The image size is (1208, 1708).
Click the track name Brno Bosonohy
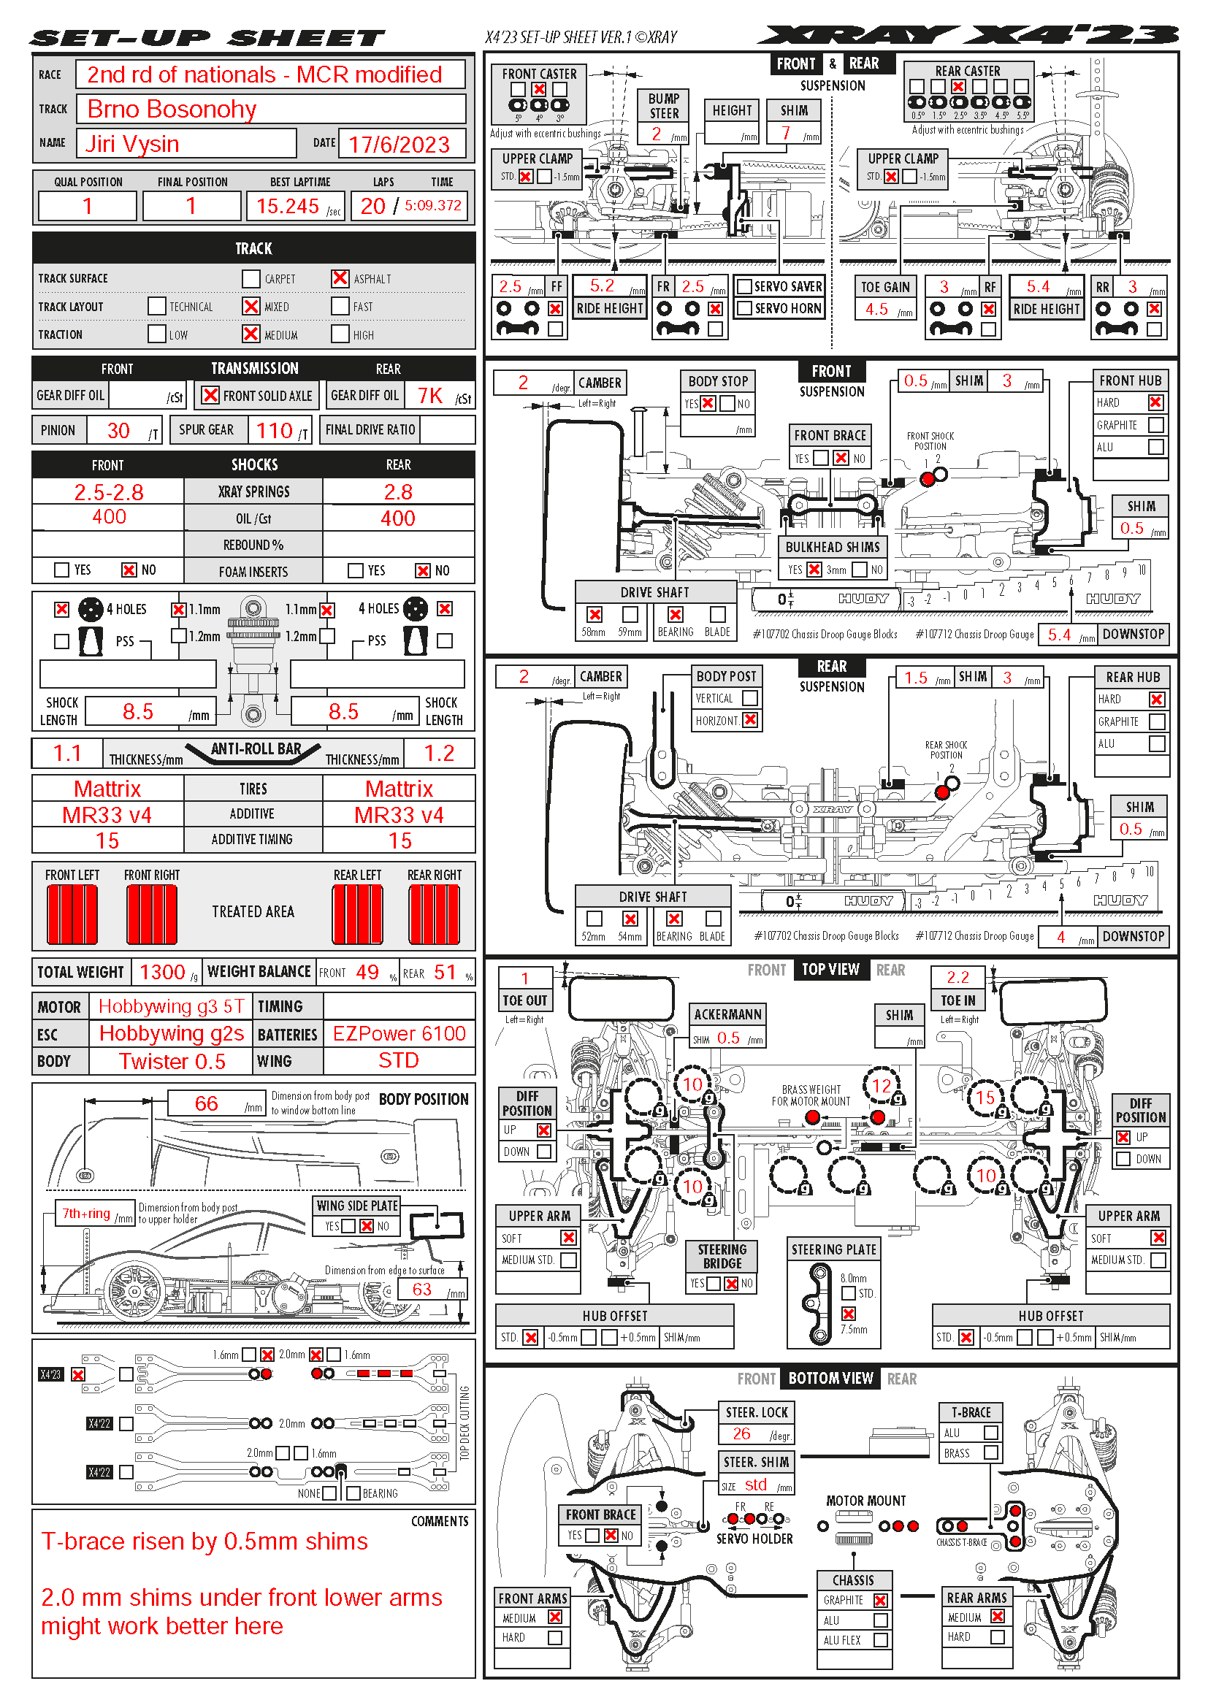[172, 110]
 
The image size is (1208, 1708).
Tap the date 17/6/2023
[399, 145]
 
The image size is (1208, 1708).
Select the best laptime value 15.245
[287, 206]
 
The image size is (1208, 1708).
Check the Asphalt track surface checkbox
[340, 278]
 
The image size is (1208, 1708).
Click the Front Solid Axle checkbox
[210, 395]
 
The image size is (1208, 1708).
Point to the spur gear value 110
[274, 430]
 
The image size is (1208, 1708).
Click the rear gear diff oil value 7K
[430, 396]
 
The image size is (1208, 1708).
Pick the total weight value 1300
[162, 972]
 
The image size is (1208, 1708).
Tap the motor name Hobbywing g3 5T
[171, 1006]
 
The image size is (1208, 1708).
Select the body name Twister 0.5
[172, 1062]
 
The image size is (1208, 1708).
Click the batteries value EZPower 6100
[399, 1033]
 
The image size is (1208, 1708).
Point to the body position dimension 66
[206, 1103]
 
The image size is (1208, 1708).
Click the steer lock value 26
[741, 1433]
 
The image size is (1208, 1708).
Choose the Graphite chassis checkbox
[881, 1600]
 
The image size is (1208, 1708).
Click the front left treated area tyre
[72, 914]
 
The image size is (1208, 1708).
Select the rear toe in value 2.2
[957, 978]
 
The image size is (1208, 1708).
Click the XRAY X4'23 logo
[967, 35]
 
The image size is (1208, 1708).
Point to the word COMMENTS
[440, 1521]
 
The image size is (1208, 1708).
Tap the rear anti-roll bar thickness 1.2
[439, 754]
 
